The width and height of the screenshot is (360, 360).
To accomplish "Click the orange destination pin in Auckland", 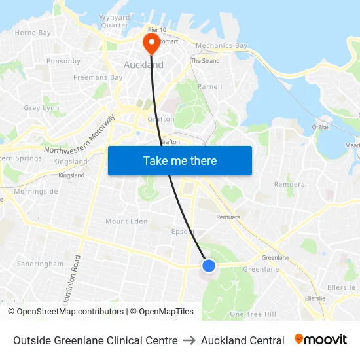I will (151, 43).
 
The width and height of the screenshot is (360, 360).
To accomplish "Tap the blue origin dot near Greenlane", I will (209, 265).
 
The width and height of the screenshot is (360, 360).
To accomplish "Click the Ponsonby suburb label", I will (63, 62).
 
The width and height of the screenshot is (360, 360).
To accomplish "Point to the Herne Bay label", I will (33, 33).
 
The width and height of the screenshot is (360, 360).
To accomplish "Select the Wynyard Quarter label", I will (114, 21).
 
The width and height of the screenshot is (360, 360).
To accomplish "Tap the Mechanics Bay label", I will (222, 46).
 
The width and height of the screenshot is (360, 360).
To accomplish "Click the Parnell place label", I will (210, 86).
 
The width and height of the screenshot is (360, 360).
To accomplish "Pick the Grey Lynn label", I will (41, 108).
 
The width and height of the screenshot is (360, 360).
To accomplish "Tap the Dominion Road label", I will (73, 278).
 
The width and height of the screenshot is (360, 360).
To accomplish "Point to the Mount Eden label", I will (126, 221).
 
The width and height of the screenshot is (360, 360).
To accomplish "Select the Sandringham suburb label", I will (40, 264).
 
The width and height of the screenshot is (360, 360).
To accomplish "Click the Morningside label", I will (36, 192).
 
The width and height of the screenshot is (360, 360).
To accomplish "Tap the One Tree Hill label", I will (253, 314).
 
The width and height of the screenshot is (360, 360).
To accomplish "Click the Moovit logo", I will (321, 340).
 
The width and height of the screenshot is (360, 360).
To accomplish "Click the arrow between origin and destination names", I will (189, 340).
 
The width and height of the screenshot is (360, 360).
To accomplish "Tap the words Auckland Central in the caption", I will (242, 340).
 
